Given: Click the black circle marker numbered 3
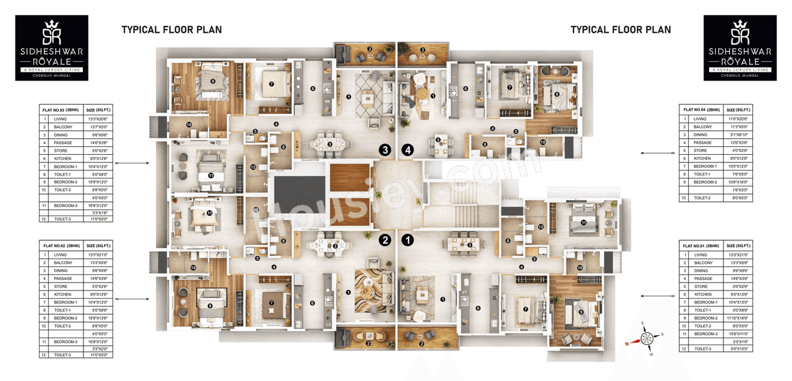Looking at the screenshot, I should click(x=385, y=150).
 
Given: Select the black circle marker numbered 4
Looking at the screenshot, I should click(x=407, y=150).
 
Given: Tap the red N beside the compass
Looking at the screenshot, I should click(x=627, y=343).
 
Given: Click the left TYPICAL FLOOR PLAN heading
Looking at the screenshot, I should click(x=171, y=30).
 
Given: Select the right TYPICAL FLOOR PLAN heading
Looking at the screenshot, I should click(x=620, y=30).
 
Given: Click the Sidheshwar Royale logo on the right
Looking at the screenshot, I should click(x=741, y=48).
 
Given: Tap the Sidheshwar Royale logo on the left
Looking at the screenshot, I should click(x=51, y=48).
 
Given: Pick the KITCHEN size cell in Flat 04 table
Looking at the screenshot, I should click(x=738, y=159).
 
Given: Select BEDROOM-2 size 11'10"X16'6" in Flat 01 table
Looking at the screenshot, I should click(x=738, y=318).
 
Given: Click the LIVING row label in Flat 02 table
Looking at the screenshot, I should click(x=60, y=255).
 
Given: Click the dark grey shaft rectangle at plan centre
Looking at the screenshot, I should click(x=299, y=195).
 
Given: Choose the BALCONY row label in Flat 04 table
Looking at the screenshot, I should click(x=702, y=127).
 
